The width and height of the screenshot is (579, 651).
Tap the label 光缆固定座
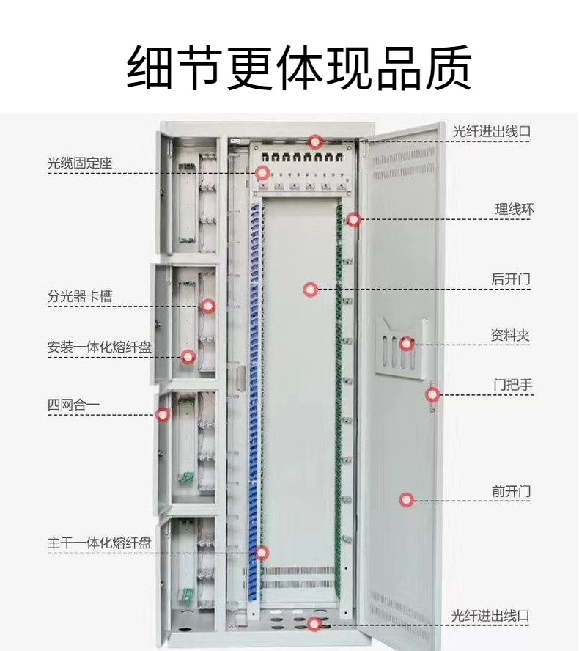80,163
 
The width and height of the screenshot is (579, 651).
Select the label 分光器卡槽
80,297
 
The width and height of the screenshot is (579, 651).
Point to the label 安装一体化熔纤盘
100,347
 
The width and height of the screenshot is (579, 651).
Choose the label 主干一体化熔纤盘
100,543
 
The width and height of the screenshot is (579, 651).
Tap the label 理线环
514,210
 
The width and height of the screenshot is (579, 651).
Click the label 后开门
510,279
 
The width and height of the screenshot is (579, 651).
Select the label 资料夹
510,336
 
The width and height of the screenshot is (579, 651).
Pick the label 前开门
511,491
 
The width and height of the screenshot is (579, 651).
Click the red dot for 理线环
354,219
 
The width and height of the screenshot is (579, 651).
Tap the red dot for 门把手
432,395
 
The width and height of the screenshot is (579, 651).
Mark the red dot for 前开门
407,500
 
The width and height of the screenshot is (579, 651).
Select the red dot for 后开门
311,290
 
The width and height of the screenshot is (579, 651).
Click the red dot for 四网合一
163,415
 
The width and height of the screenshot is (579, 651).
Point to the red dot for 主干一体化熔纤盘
262,553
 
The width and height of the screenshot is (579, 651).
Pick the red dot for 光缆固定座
262,173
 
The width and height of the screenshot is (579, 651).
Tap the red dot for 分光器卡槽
209,306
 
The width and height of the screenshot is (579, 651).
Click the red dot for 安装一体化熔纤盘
188,357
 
